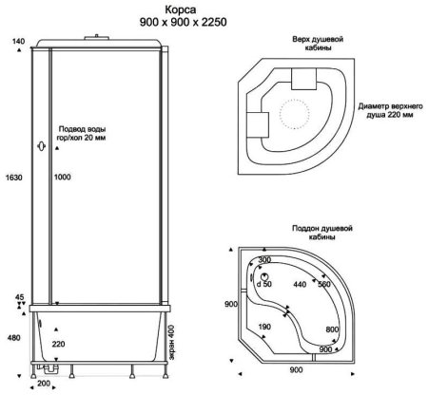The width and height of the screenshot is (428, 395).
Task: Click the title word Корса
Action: click(181, 10)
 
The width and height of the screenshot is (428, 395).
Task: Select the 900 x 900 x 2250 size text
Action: click(183, 22)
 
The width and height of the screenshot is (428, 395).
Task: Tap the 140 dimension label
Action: click(19, 42)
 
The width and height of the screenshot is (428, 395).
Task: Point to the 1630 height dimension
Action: click(14, 178)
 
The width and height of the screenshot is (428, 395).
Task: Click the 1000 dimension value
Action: click(62, 177)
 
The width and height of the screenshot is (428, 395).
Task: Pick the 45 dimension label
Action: click(20, 297)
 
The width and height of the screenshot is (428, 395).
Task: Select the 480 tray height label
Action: click(14, 338)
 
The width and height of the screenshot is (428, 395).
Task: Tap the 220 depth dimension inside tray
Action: click(58, 344)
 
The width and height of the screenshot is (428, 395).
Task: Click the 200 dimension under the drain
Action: click(44, 384)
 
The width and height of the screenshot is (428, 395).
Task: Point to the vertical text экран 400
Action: click(171, 342)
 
